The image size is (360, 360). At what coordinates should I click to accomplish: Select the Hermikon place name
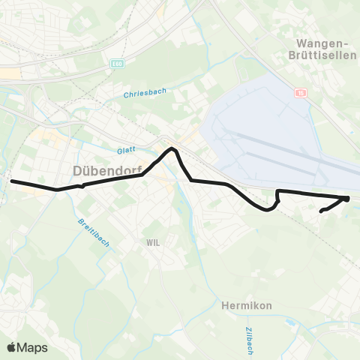[x=247, y=305]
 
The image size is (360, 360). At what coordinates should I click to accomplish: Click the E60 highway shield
[x=115, y=64]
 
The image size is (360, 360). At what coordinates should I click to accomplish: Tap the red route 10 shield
[x=301, y=94]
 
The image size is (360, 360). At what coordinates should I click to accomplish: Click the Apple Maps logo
[x=27, y=347]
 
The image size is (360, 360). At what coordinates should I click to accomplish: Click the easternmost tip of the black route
[x=349, y=198]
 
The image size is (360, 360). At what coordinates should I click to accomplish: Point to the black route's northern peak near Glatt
[x=172, y=149]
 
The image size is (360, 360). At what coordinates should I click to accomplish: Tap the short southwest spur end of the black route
[x=322, y=212]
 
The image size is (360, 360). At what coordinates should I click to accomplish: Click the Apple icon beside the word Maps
[x=11, y=347]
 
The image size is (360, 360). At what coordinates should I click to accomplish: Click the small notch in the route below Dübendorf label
[x=82, y=184]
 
